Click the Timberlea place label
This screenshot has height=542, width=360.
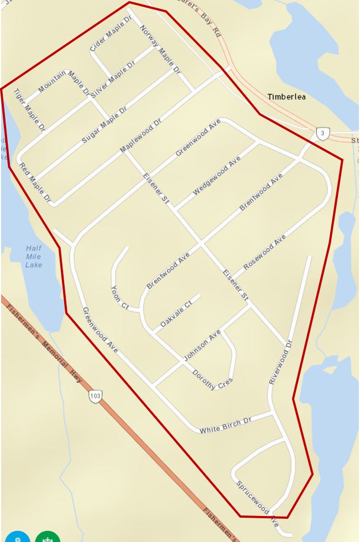pos(286,97)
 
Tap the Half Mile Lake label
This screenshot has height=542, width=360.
pos(33,257)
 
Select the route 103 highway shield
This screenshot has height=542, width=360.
pos(95,396)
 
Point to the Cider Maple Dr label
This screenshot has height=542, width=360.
pos(111,33)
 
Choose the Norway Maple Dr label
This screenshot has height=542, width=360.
pos(160,49)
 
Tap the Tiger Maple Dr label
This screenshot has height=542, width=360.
pos(29,109)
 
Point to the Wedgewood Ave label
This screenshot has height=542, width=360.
pos(217,176)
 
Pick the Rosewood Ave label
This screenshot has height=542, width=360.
pos(264,252)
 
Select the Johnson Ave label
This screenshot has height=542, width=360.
pos(202,345)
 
